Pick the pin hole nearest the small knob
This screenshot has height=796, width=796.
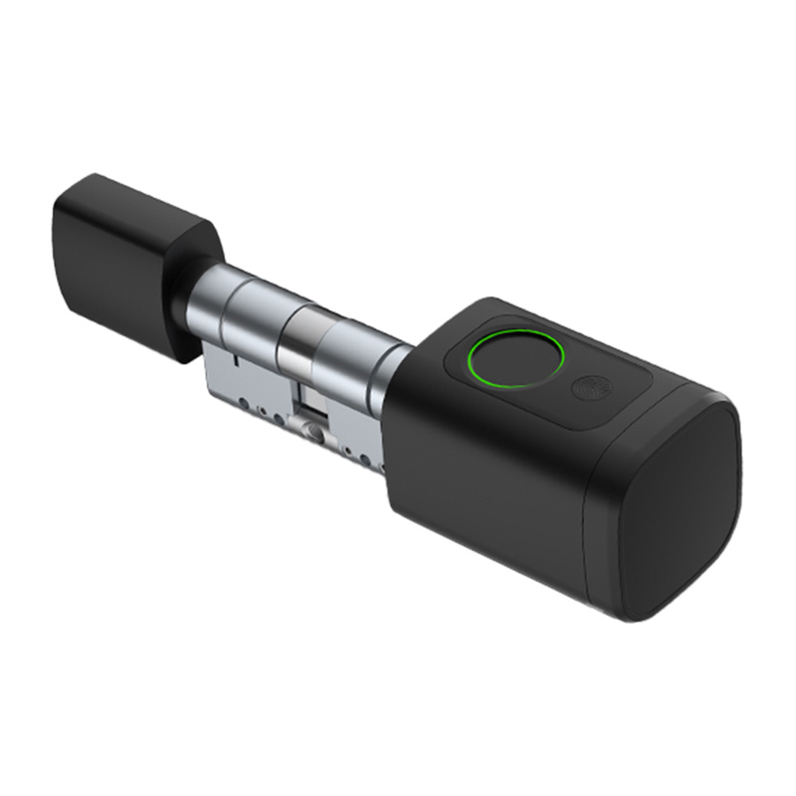click(244, 402)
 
